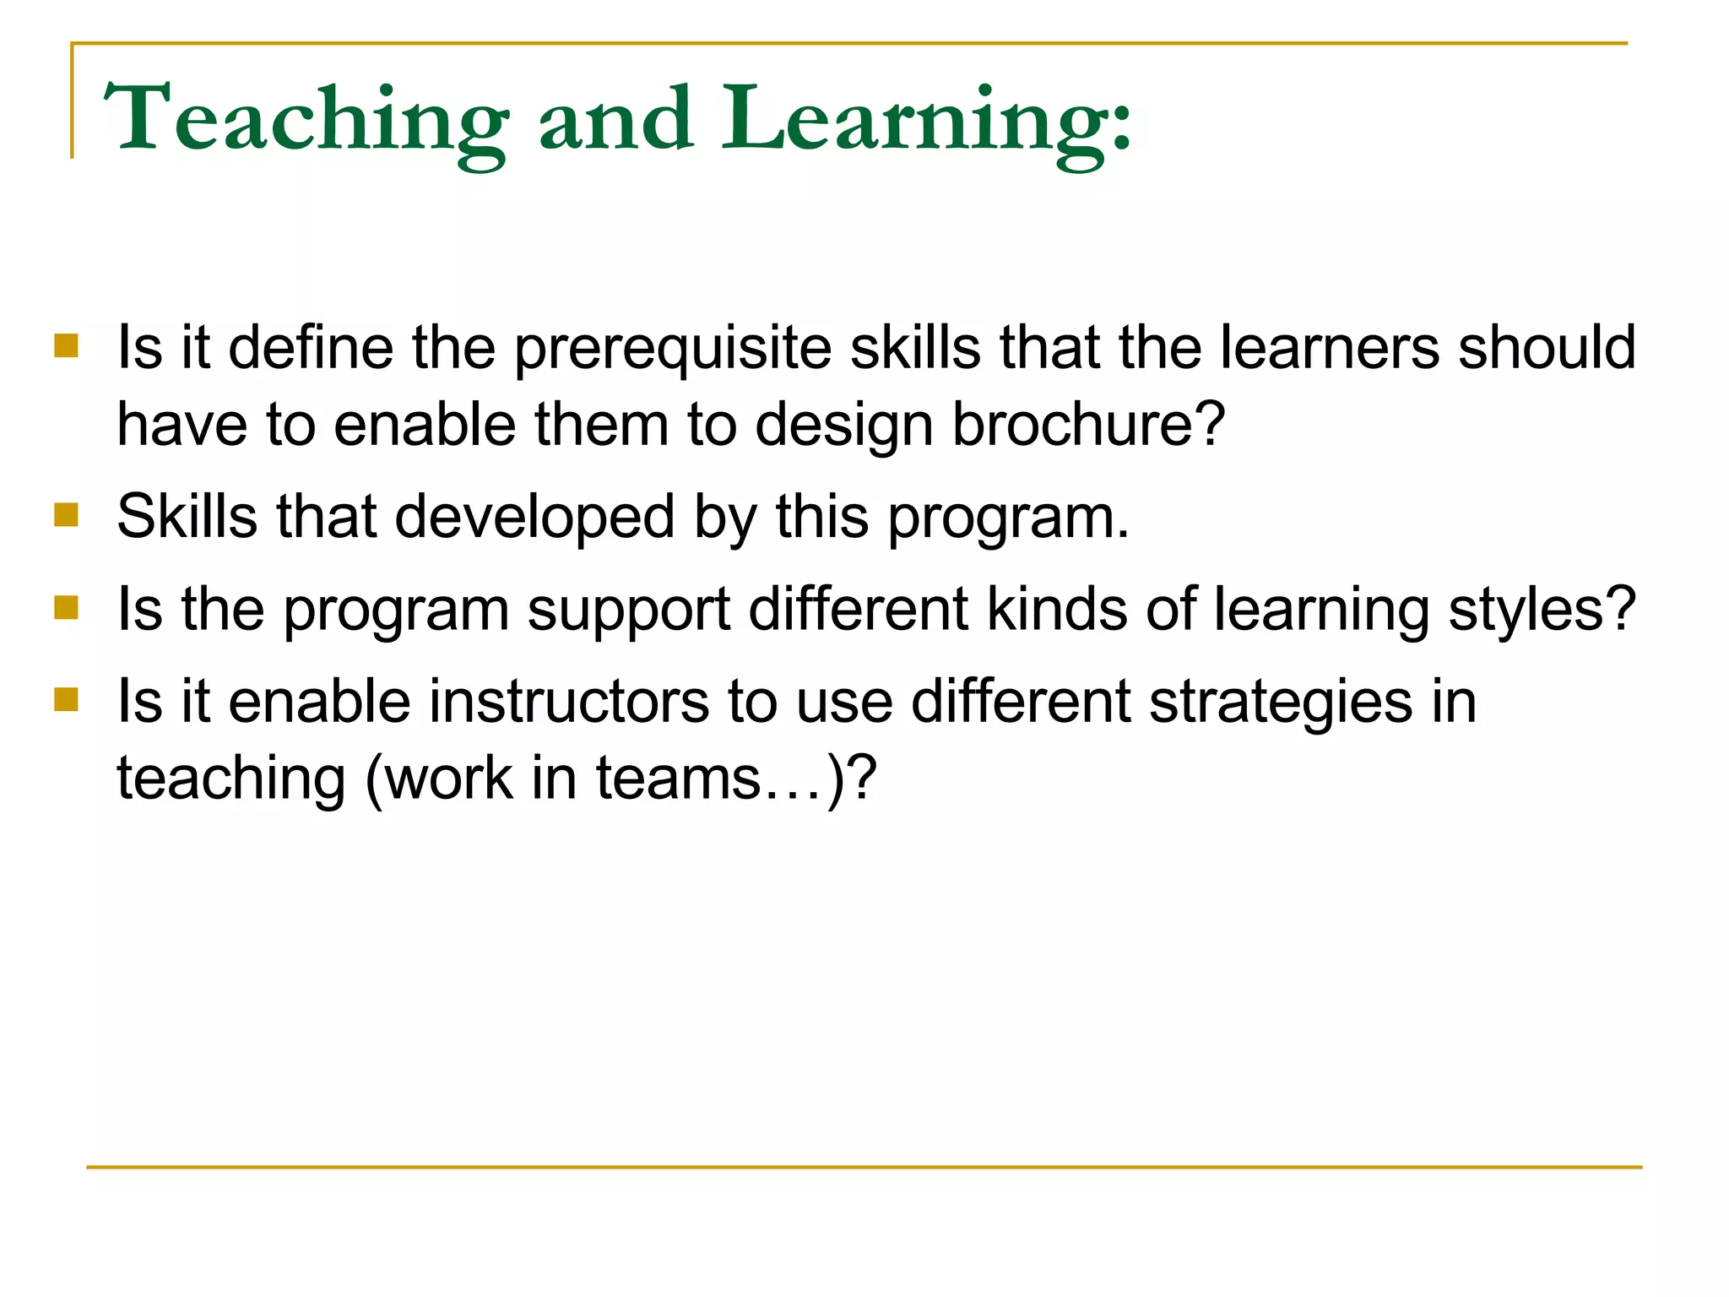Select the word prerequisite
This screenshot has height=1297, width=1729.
point(672,349)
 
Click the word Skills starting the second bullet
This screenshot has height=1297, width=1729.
point(187,516)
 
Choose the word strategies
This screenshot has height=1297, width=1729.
point(1280,703)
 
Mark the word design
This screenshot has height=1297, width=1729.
point(843,426)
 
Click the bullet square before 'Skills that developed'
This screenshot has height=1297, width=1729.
point(66,515)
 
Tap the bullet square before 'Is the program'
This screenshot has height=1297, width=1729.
point(66,607)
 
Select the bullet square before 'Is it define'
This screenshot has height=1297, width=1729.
point(66,346)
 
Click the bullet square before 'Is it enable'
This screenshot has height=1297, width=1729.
point(66,700)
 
